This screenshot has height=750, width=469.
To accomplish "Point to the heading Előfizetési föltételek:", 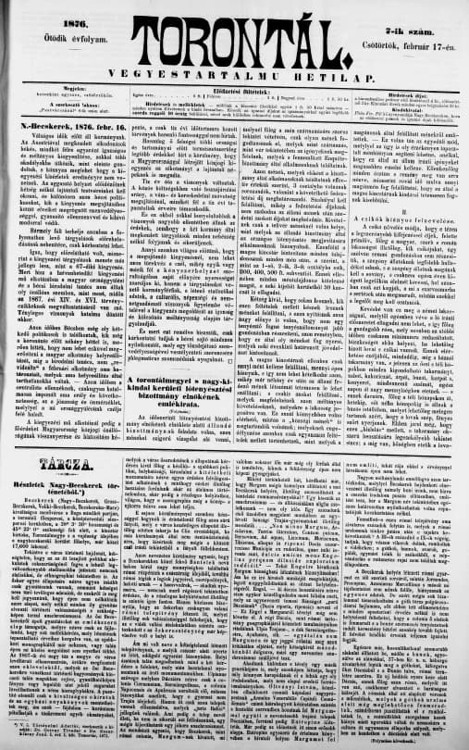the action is pyautogui.click(x=233, y=89).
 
